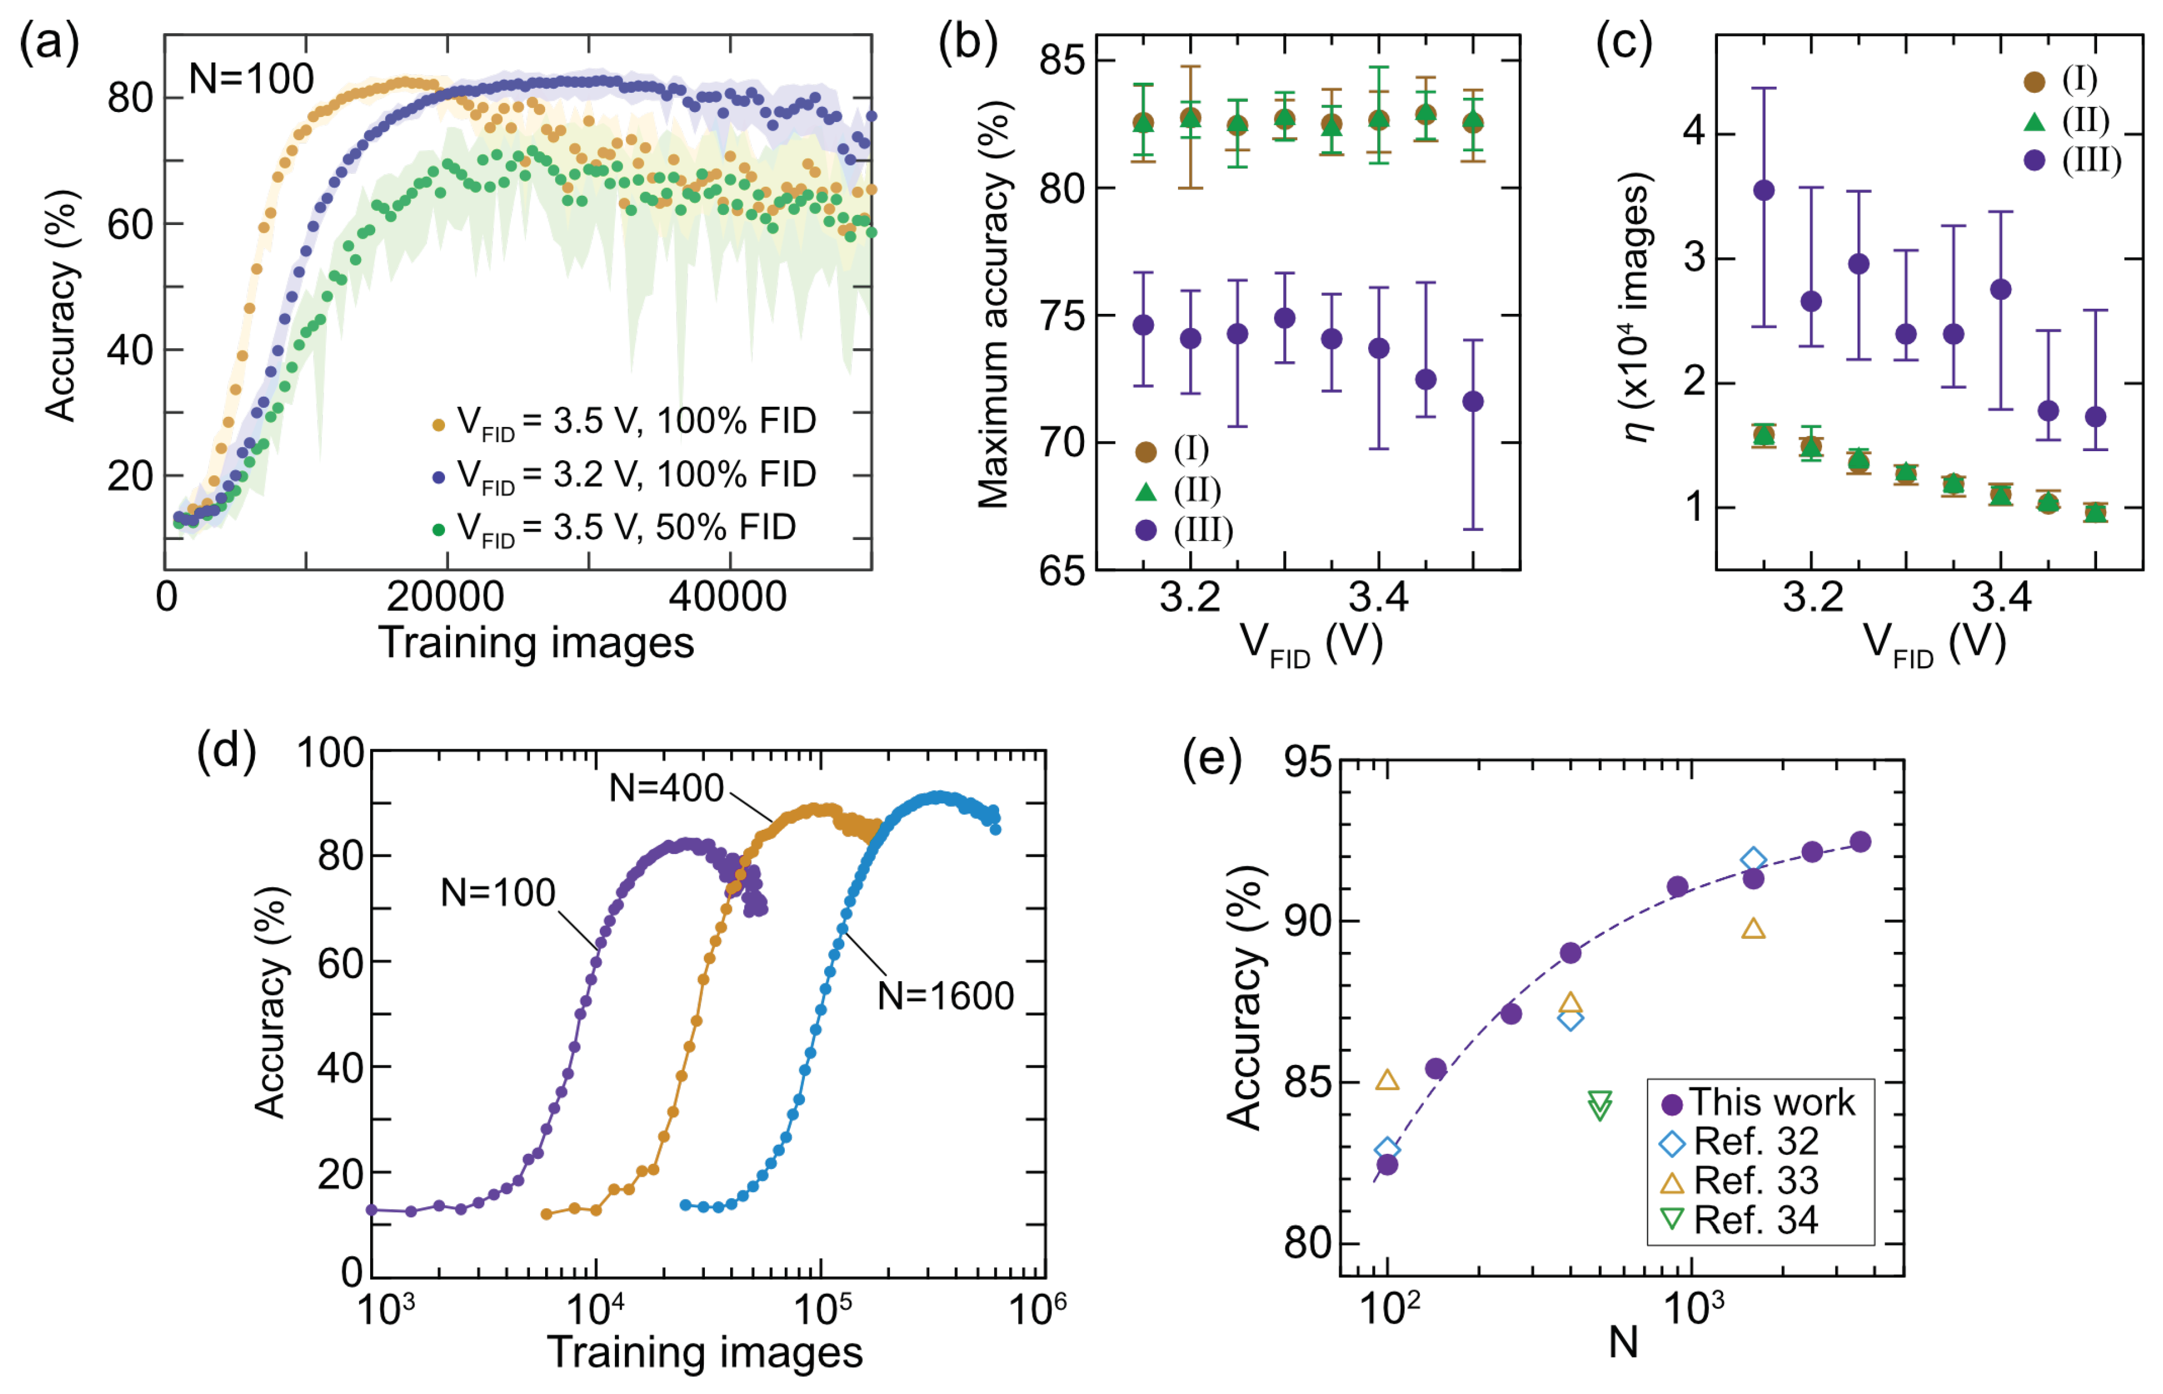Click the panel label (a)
[50, 43]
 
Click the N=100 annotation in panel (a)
[251, 80]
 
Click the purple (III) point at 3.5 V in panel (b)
[1473, 402]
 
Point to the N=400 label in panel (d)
[666, 789]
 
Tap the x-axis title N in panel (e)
[1624, 1342]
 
